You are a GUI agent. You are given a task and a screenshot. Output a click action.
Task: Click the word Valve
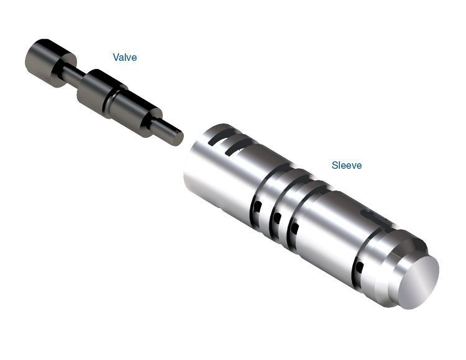(125, 57)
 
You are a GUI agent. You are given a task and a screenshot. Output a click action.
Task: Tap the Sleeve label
(347, 165)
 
